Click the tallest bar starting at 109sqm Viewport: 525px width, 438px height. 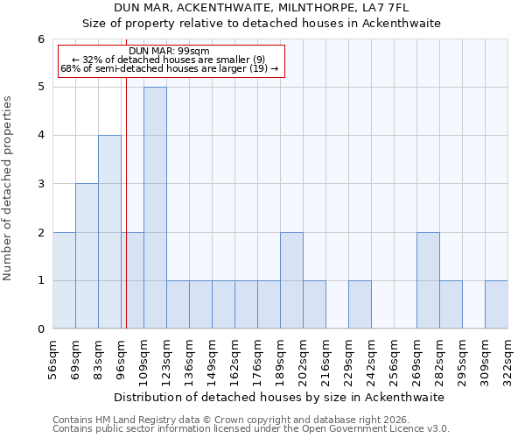pos(155,208)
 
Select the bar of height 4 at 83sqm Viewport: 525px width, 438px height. pos(109,232)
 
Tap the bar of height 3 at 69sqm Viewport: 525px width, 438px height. pos(87,256)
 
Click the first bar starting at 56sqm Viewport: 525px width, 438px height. pos(64,280)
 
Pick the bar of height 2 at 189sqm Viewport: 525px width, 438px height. pos(291,280)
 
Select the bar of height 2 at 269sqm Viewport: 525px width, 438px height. pos(428,280)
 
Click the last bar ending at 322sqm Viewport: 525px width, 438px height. pos(496,305)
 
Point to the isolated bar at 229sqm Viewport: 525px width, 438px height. pos(360,305)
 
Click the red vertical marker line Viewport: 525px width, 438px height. pos(127,219)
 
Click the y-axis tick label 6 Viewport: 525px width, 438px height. pos(40,39)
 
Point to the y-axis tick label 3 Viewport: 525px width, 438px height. pos(40,184)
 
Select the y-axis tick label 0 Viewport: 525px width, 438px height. pos(40,329)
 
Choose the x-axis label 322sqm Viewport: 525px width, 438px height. pos(508,359)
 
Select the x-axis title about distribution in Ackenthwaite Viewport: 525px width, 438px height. pos(280,397)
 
